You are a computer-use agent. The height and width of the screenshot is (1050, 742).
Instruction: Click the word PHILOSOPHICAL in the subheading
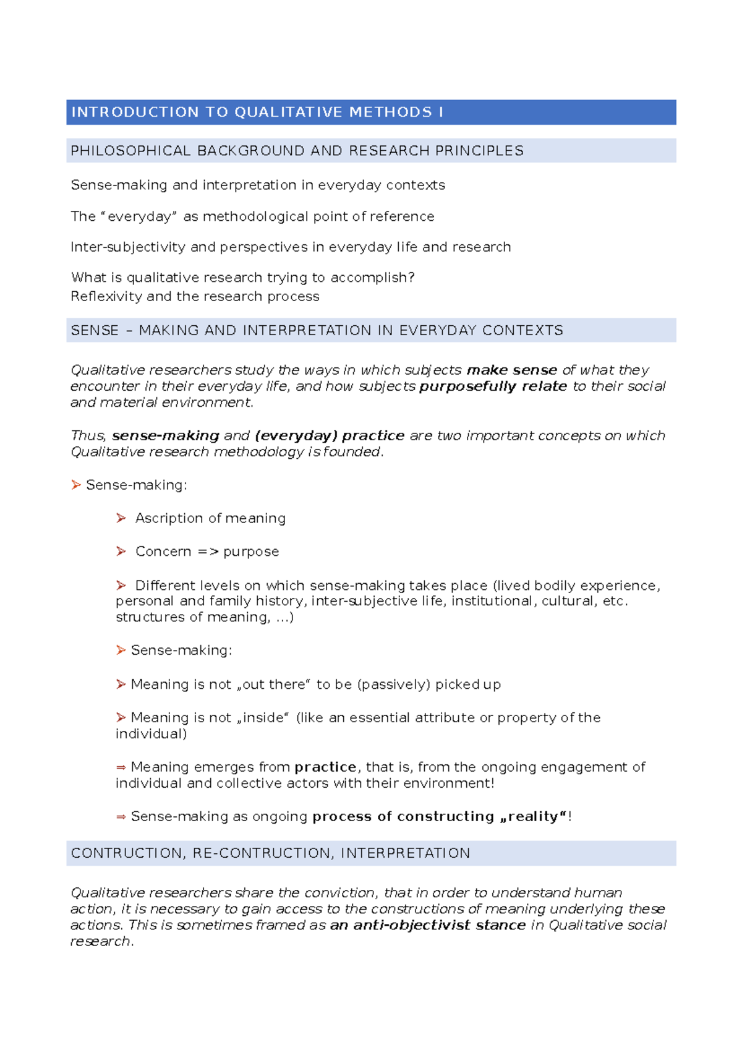pos(130,151)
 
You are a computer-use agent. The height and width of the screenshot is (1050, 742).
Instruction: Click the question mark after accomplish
pos(412,278)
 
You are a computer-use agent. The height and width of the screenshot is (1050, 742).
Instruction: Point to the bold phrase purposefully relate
pos(493,386)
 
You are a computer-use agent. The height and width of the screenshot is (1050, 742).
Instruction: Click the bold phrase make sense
pos(511,370)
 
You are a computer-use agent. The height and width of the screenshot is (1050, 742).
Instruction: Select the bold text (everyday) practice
pos(330,435)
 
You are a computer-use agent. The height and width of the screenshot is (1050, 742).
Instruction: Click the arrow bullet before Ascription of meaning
pos(121,518)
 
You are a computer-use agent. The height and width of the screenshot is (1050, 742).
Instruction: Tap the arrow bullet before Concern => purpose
pos(121,551)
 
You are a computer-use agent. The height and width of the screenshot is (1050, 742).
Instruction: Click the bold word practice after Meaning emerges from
pos(325,767)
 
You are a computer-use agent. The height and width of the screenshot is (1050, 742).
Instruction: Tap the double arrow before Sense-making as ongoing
pos(121,817)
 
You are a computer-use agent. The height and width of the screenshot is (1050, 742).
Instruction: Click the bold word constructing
pos(445,816)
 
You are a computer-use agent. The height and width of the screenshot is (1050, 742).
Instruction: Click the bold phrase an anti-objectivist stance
pos(428,925)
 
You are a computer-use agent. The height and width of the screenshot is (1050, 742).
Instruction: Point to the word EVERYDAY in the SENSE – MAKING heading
pos(438,330)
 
